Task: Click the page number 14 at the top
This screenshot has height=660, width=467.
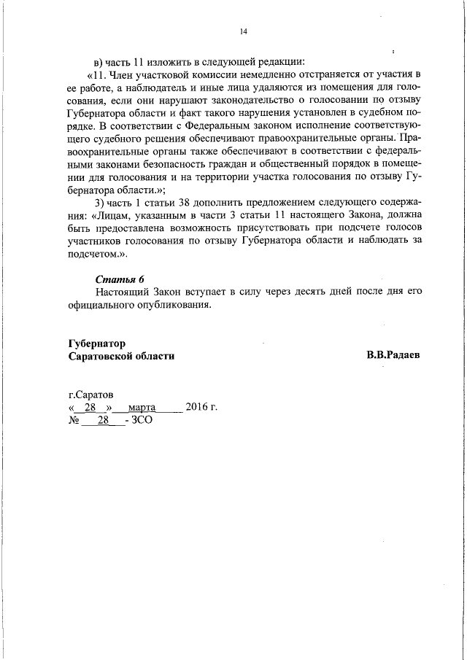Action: (244, 31)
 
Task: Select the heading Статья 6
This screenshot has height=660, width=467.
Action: (120, 279)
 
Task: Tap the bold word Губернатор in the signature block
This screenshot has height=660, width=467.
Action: (96, 342)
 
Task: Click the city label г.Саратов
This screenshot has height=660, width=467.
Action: (90, 394)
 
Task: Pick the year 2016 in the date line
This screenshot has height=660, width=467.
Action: (197, 407)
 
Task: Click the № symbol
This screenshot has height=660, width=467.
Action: (73, 421)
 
